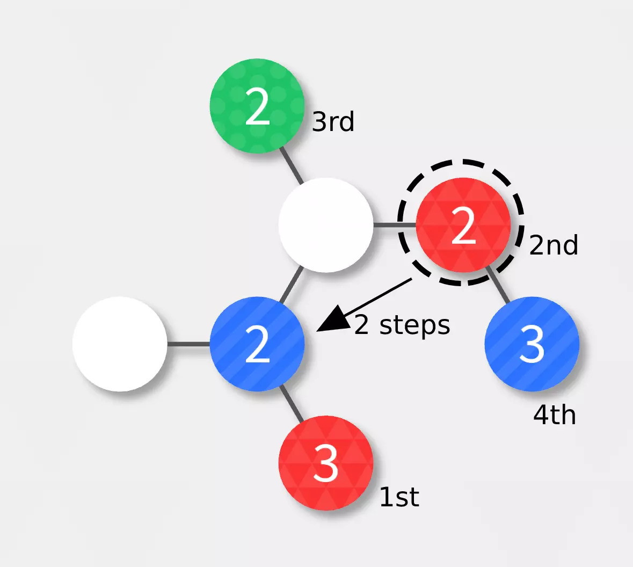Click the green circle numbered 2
257,106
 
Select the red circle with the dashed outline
463,225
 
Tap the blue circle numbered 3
532,344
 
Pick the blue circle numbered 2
257,344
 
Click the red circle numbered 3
326,463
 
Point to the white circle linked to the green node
326,225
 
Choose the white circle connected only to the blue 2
120,344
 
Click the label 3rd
333,121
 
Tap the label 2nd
554,245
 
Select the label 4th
554,415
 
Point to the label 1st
399,497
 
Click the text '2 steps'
402,325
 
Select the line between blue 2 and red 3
292,403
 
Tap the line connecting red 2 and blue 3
497,285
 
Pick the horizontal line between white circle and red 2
395,225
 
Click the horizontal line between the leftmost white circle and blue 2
188,344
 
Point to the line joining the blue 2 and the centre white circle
292,285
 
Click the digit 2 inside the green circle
257,106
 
